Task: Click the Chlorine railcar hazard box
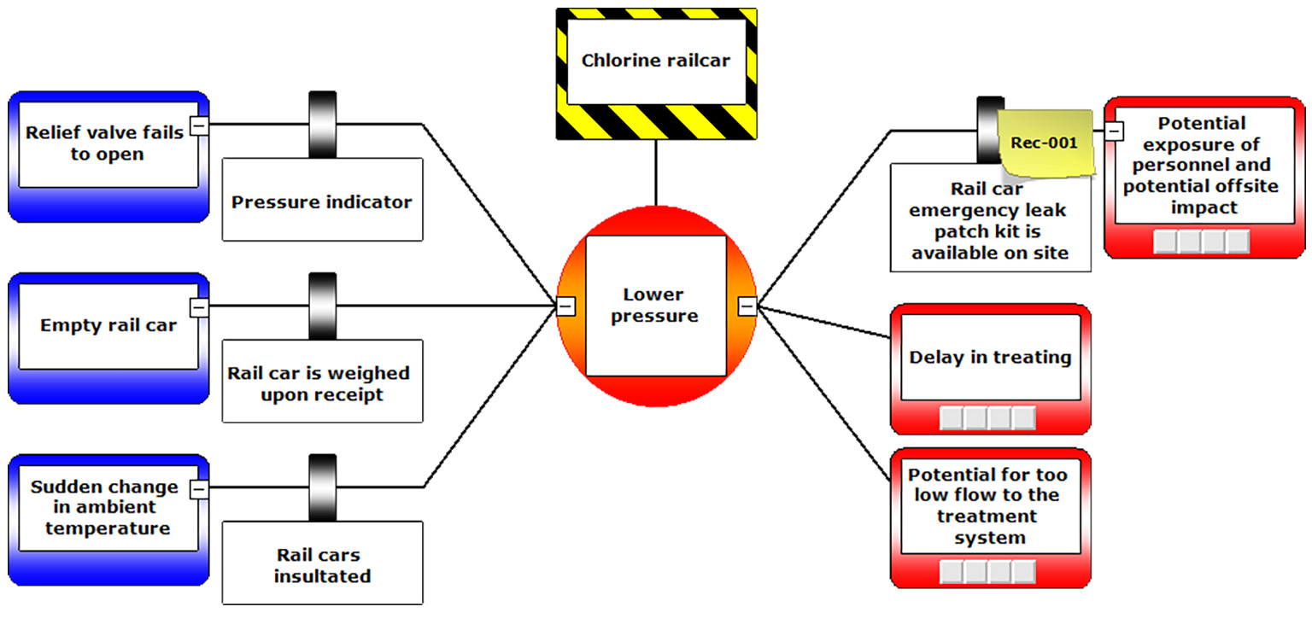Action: coord(656,61)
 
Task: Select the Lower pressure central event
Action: coord(655,306)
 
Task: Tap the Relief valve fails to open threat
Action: coord(103,143)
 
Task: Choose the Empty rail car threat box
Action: coord(108,326)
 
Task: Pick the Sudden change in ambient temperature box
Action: coord(104,508)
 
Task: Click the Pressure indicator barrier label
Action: coord(322,202)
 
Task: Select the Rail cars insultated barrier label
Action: coord(322,566)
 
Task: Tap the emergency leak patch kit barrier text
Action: coord(990,221)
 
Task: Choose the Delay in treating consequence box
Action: coord(990,358)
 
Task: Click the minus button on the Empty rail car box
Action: coord(198,306)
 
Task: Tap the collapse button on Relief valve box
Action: coord(198,125)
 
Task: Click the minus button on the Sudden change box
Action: coord(198,489)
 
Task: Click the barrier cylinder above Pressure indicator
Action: coord(322,125)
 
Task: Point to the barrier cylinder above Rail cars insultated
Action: coord(322,488)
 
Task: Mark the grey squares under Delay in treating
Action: coord(987,418)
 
